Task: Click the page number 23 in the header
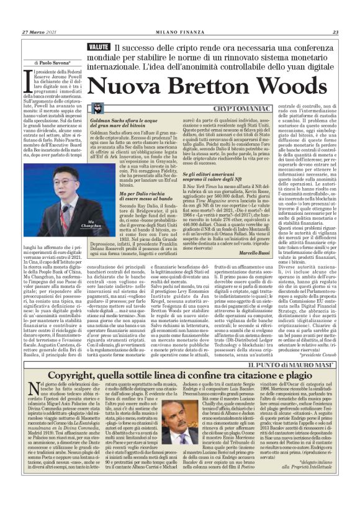335,32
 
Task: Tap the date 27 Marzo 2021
36,32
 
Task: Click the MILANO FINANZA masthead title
179,32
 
